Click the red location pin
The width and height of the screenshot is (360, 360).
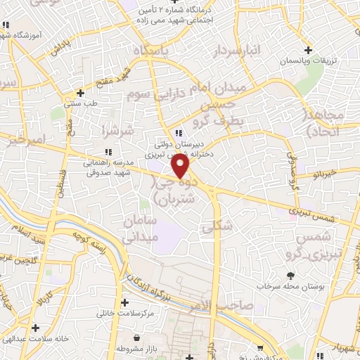tap(181, 166)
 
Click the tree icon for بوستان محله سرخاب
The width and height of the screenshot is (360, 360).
tap(288, 276)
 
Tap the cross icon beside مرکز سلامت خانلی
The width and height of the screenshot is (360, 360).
tap(124, 303)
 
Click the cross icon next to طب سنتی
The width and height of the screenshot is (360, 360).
tap(82, 93)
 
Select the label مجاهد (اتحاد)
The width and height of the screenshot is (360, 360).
tap(324, 122)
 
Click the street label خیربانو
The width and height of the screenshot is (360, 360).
tap(329, 172)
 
